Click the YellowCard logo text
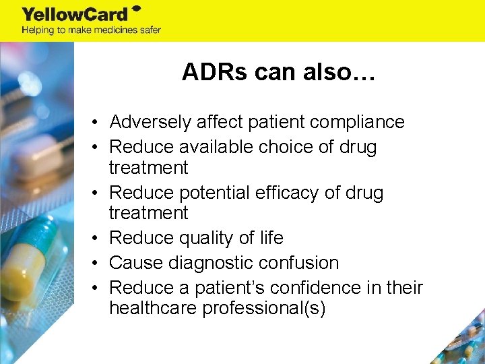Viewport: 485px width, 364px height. coord(75,13)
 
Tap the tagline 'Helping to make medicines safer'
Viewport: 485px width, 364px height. coord(91,30)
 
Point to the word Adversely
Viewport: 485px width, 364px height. coord(152,122)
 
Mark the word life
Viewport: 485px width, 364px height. coord(271,238)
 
